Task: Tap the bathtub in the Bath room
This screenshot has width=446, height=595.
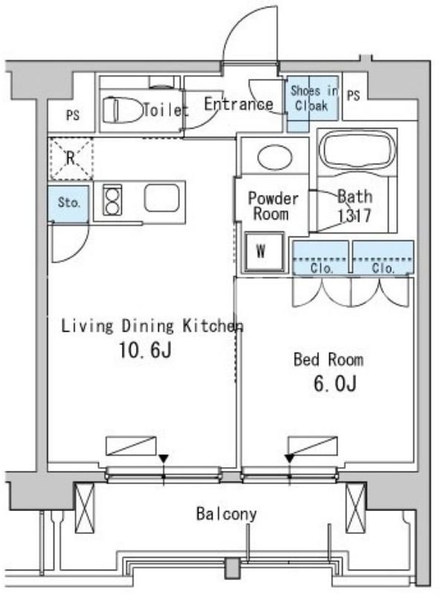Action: pos(358,150)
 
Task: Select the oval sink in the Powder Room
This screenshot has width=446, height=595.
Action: pos(274,157)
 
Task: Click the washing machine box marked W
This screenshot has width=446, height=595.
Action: pos(264,251)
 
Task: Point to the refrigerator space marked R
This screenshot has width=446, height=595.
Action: pos(71,158)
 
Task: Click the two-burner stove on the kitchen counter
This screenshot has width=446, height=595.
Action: pos(113,200)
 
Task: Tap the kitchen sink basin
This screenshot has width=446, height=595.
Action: pos(161,199)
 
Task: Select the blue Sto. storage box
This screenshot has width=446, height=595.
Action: pos(68,203)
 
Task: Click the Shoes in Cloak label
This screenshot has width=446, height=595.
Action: pos(313,98)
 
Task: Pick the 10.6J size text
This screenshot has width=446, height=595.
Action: pos(145,350)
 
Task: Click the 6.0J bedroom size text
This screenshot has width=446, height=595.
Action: pos(335,384)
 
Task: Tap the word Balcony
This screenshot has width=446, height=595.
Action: pos(227,514)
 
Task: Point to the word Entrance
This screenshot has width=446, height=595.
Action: pos(239,103)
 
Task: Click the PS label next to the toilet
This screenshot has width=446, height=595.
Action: pos(72,115)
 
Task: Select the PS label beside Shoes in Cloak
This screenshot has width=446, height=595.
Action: pos(353,95)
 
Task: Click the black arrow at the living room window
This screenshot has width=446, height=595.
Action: pos(164,459)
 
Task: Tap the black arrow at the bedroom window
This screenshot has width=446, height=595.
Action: pos(290,459)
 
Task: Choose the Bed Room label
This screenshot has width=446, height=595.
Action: pos(329,359)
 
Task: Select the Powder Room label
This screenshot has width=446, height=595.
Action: pos(273,206)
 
